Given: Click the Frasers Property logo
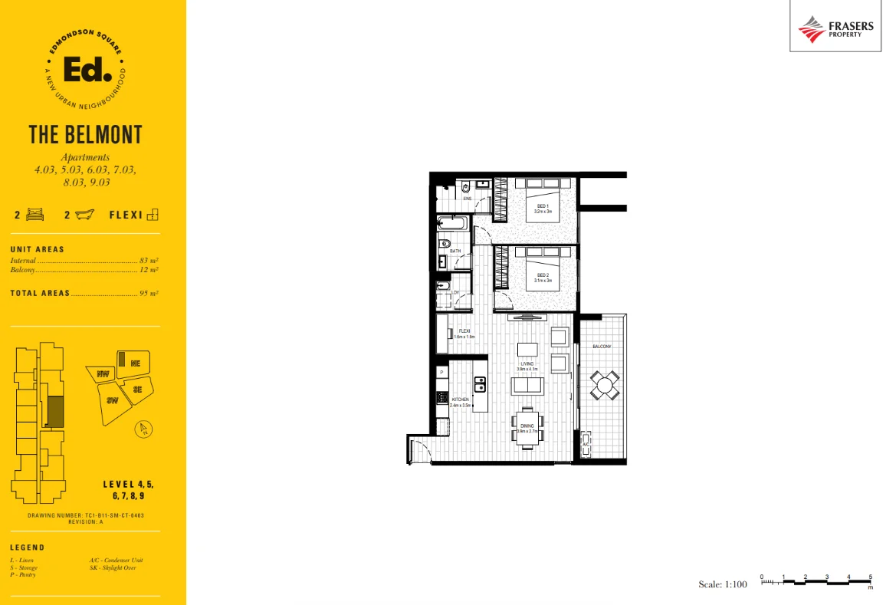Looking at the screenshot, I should click(x=835, y=29).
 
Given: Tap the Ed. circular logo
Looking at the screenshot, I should click(x=85, y=71).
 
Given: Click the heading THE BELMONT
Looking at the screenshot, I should click(x=85, y=135).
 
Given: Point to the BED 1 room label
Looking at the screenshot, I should click(x=543, y=208).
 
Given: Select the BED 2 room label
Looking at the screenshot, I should click(x=543, y=278).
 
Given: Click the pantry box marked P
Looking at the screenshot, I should click(x=442, y=371).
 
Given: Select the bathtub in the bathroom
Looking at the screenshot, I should click(x=452, y=224).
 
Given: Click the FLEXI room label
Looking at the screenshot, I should click(x=464, y=334).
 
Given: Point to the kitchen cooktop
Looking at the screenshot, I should click(x=441, y=398).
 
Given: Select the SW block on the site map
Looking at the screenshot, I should click(x=113, y=401).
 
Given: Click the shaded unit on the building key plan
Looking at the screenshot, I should click(x=55, y=413).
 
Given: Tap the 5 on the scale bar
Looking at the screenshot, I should click(x=871, y=576).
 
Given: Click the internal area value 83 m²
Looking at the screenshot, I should click(x=149, y=261).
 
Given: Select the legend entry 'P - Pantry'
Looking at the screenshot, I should click(x=23, y=574).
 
